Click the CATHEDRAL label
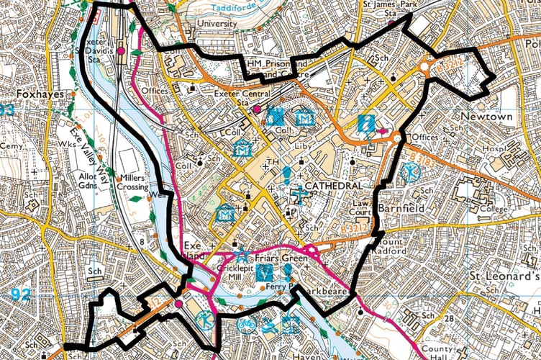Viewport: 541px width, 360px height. click(x=333, y=186)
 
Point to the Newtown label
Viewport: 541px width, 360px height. click(x=487, y=117)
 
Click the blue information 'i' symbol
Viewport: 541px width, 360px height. click(x=366, y=123)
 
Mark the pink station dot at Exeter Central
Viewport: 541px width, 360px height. click(x=257, y=109)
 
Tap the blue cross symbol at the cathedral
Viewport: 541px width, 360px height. click(x=299, y=195)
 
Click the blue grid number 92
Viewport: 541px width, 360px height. click(x=22, y=294)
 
